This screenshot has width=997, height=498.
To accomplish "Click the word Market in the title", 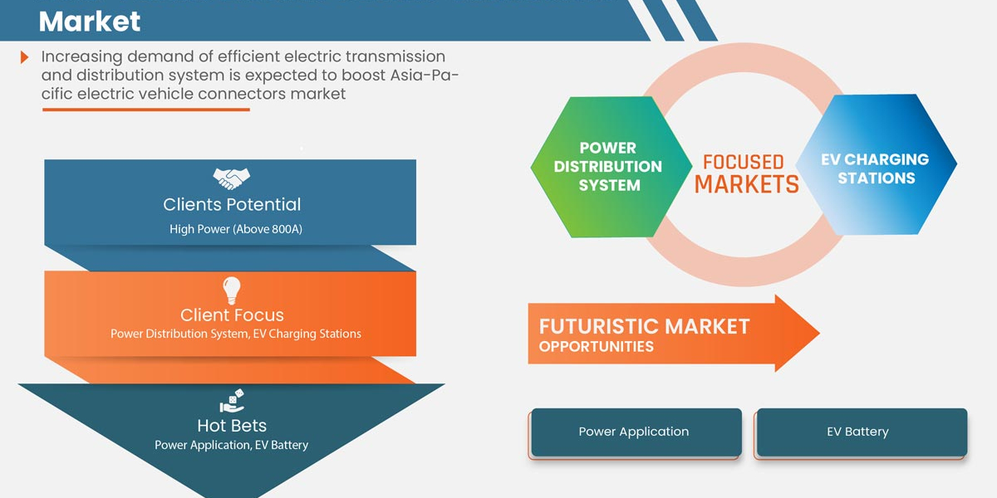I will click(x=90, y=21).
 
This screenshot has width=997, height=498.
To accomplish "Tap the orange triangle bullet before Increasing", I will click(x=25, y=57).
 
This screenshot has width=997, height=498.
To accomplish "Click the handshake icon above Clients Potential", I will click(x=232, y=178).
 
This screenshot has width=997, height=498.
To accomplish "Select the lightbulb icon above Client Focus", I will click(x=232, y=290).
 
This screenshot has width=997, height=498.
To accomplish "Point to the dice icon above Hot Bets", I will click(x=232, y=403).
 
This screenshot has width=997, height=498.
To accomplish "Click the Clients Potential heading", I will click(x=232, y=204).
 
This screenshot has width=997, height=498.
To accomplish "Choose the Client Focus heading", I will click(x=232, y=315).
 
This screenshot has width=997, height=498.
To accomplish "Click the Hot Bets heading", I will click(x=232, y=426).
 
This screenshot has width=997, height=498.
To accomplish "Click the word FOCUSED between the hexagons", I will click(x=743, y=162).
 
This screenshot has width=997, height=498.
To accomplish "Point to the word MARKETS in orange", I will click(x=746, y=184).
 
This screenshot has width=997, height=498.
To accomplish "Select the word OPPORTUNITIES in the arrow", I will click(x=596, y=346).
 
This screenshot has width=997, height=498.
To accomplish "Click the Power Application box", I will click(x=634, y=432).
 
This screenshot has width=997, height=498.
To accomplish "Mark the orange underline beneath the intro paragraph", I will click(x=145, y=109).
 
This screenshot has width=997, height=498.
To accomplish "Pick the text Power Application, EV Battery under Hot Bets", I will click(x=231, y=445).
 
